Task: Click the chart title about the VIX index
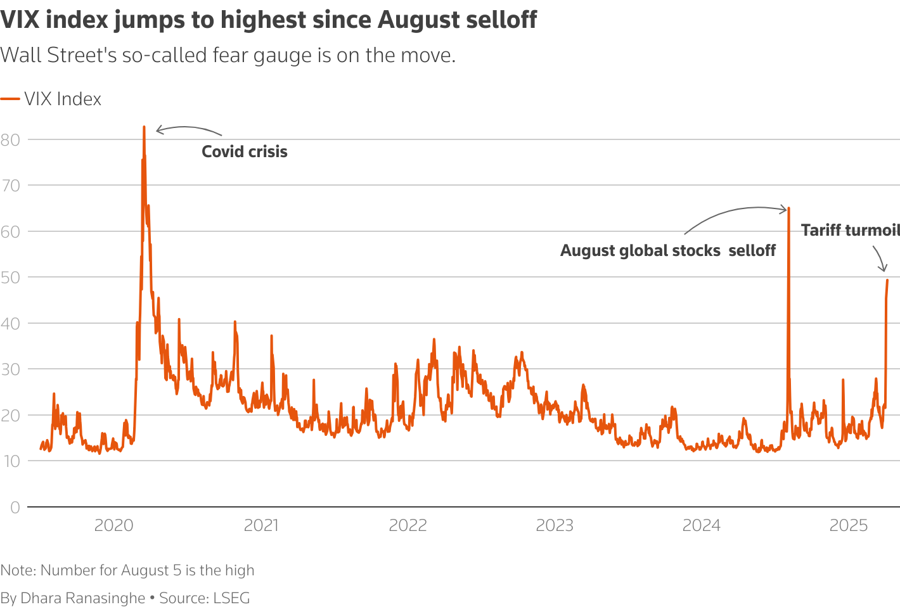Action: (269, 20)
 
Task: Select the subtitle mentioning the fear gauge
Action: (228, 55)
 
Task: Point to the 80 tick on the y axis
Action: (11, 140)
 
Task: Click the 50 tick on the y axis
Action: (11, 278)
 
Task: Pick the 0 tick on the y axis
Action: (15, 508)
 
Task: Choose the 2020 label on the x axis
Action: (113, 525)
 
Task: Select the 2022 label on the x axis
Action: (408, 525)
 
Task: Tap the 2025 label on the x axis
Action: (849, 525)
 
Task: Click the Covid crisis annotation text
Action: (245, 152)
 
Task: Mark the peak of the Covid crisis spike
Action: (144, 127)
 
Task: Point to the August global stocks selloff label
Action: (667, 251)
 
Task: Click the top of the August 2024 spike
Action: (788, 208)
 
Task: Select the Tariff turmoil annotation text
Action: (850, 231)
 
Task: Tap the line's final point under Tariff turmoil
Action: (887, 280)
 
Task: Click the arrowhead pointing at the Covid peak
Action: (158, 131)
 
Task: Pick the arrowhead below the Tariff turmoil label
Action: (884, 269)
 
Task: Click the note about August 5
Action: (127, 570)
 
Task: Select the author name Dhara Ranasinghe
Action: (83, 598)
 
